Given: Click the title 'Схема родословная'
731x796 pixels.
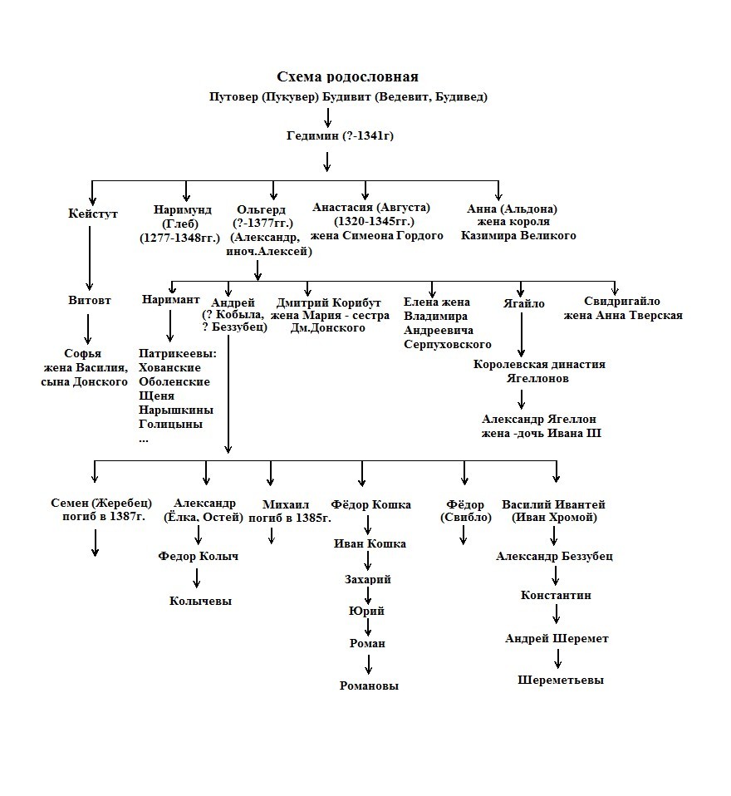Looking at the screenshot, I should [x=347, y=77].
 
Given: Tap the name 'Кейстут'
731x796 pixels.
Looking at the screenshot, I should [x=93, y=214].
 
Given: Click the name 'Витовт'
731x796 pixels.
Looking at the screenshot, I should [x=90, y=300].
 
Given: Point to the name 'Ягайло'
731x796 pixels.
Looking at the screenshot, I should [x=523, y=303].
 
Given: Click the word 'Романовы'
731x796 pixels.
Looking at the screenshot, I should [x=369, y=685].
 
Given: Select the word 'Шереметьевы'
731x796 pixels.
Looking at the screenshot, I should [x=561, y=680].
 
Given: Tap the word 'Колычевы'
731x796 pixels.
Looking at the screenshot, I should [x=200, y=601].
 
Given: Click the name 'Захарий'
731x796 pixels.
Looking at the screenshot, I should [x=368, y=579].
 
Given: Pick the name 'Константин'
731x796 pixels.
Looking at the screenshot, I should [x=556, y=595].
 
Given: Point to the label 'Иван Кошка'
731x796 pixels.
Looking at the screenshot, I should [x=370, y=543].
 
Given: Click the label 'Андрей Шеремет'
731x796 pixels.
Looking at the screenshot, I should [x=557, y=638].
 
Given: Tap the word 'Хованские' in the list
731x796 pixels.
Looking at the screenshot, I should [x=174, y=367].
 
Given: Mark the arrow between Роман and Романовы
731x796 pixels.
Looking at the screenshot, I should [x=369, y=664].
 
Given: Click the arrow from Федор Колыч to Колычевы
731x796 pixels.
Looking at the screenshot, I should [x=198, y=578].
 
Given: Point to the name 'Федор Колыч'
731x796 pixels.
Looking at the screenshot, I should [x=198, y=556].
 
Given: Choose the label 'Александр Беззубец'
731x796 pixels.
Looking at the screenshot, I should [x=554, y=556].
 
